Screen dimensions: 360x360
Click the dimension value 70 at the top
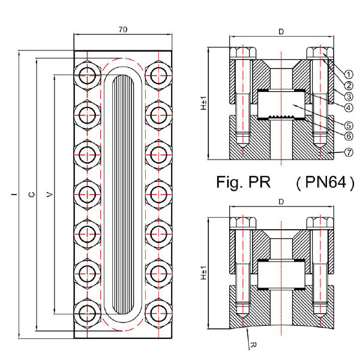123,29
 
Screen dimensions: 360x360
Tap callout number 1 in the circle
349,74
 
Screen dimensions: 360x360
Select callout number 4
349,107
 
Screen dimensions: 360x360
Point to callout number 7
349,152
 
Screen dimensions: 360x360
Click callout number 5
349,125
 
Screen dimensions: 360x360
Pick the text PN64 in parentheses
326,182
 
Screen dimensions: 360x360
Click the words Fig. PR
244,182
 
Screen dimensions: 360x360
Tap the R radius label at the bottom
253,344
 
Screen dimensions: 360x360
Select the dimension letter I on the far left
14,194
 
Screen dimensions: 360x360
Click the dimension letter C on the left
32,194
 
